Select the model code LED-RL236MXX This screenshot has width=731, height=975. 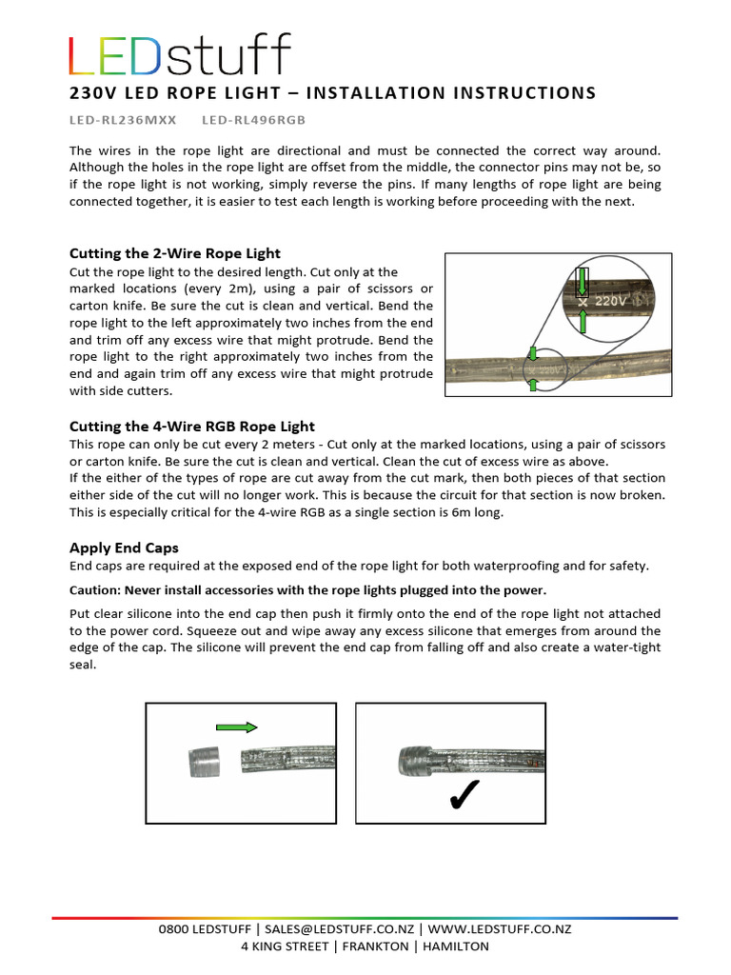(123, 121)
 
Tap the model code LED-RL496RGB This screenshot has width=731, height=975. (255, 121)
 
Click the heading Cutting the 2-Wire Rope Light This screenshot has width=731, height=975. (174, 253)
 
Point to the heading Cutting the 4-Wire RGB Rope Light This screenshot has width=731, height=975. (191, 427)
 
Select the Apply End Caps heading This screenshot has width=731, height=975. (124, 547)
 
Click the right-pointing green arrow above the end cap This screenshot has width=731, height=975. (237, 727)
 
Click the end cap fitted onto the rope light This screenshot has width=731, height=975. (411, 762)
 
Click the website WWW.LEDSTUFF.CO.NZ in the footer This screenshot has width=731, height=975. (500, 929)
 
